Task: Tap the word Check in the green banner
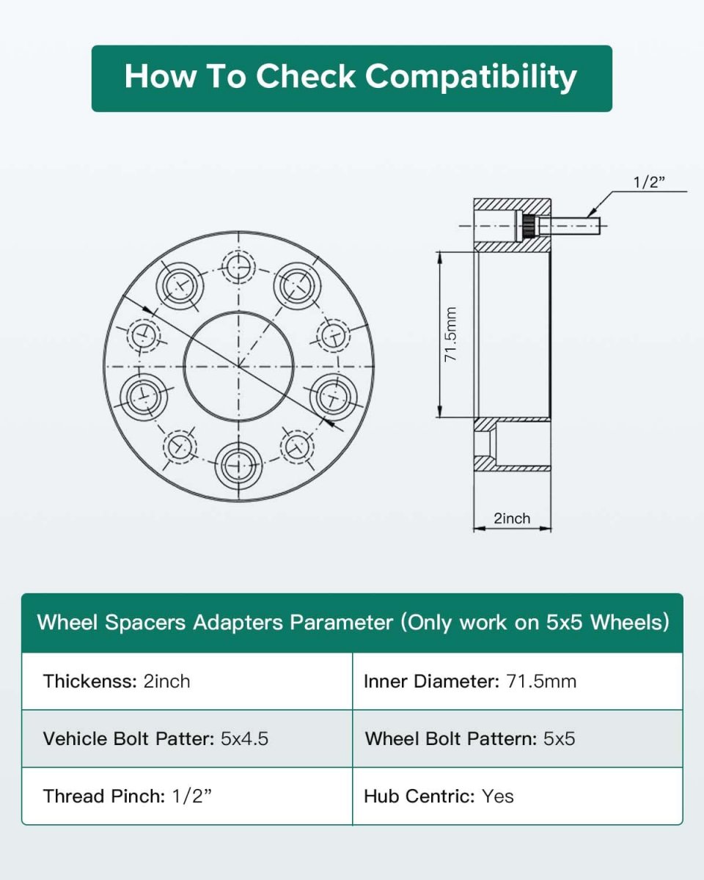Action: coord(306,76)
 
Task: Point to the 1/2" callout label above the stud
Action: coord(649,182)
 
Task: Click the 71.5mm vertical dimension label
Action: coord(450,334)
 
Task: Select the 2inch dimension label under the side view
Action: coord(512,518)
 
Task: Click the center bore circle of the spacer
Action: coord(239,312)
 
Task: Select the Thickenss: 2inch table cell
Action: coord(187,682)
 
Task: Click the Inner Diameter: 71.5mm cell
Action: coord(518,682)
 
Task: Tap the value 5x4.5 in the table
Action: coord(245,739)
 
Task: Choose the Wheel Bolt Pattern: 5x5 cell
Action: coord(518,739)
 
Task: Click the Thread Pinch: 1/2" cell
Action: coord(187,796)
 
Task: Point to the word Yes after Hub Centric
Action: coord(497,796)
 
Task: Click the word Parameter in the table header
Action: coord(341,623)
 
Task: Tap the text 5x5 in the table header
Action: coord(564,623)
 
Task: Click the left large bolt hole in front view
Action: coord(144,397)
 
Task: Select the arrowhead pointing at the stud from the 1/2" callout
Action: coord(590,213)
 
